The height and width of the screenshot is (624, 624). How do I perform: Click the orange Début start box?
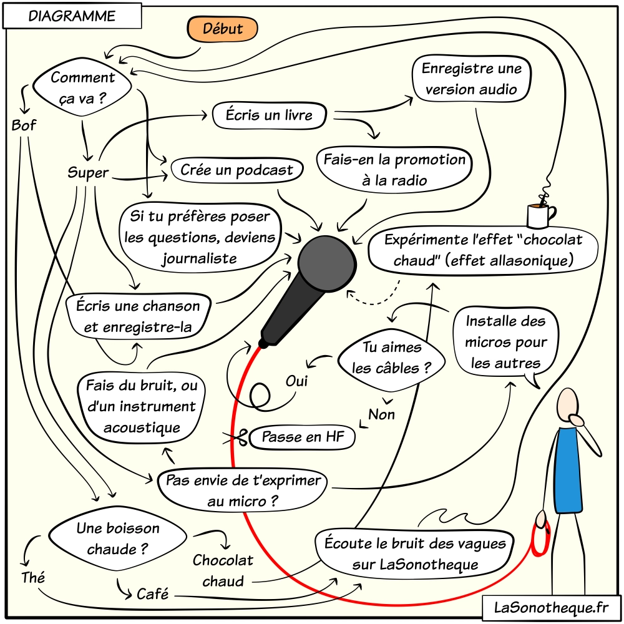[223, 28]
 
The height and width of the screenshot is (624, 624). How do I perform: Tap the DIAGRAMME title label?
[72, 17]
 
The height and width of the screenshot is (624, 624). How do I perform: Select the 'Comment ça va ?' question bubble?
[83, 87]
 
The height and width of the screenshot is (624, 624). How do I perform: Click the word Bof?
[24, 126]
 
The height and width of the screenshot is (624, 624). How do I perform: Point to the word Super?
[88, 173]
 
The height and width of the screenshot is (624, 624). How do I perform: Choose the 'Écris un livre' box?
[270, 115]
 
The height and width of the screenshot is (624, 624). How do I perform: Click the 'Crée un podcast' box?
[236, 170]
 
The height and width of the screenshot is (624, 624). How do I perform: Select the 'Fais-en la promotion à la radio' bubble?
[394, 169]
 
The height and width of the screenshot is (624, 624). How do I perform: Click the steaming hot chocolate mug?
[540, 215]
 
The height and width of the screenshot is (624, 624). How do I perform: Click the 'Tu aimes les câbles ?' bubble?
[392, 358]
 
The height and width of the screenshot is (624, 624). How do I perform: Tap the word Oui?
[298, 380]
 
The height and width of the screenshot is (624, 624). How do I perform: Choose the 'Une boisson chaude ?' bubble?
[118, 539]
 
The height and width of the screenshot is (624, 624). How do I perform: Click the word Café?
[153, 594]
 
